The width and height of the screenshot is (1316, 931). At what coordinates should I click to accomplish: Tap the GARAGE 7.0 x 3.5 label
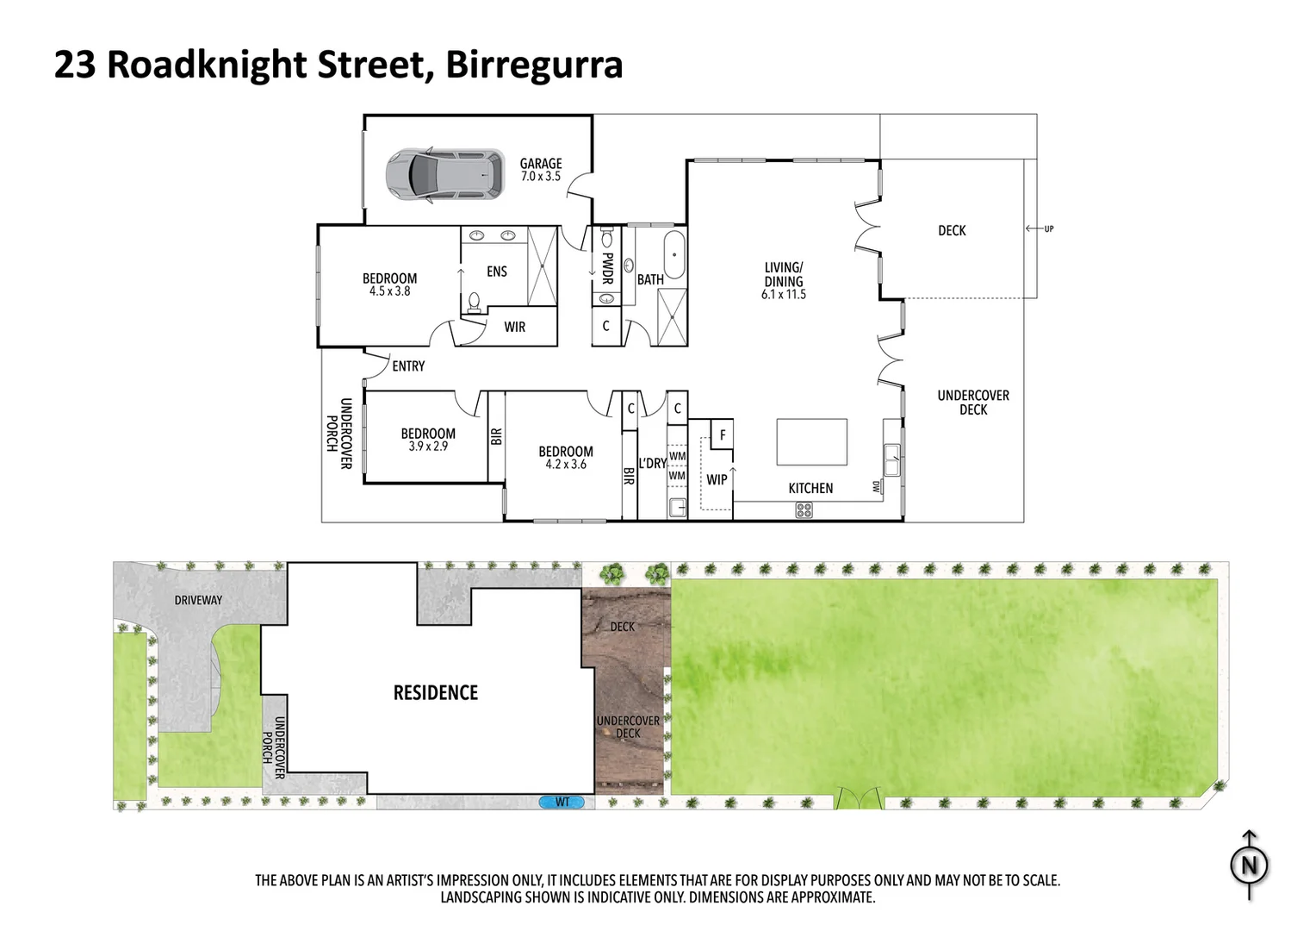(x=540, y=169)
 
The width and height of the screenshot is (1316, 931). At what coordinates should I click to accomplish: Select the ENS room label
(x=497, y=272)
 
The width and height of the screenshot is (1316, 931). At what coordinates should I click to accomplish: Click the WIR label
(x=514, y=328)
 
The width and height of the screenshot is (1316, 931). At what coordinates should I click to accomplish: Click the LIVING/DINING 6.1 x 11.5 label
(x=783, y=280)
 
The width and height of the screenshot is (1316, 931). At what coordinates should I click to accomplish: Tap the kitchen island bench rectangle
(x=811, y=441)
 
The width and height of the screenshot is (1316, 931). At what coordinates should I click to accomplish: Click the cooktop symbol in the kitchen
(x=803, y=510)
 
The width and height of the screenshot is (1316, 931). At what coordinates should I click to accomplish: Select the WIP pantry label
(x=717, y=480)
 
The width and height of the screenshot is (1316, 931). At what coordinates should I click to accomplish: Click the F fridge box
(x=722, y=435)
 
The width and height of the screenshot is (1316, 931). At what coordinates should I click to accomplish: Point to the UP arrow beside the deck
(x=1039, y=228)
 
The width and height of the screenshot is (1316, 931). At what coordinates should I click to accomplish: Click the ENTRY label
(x=408, y=366)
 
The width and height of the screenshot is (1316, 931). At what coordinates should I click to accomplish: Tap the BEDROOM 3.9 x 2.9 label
(x=428, y=440)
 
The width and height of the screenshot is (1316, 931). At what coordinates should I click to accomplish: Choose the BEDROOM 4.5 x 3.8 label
(x=389, y=284)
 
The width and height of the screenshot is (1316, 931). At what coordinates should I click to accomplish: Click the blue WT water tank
(x=561, y=803)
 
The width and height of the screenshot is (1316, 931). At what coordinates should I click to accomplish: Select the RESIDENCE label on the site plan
(x=435, y=693)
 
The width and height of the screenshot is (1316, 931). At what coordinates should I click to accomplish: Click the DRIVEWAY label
(x=198, y=600)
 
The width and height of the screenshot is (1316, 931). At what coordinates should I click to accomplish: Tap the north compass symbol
(x=1249, y=865)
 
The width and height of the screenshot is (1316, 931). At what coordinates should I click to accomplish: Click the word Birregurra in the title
(x=534, y=66)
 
